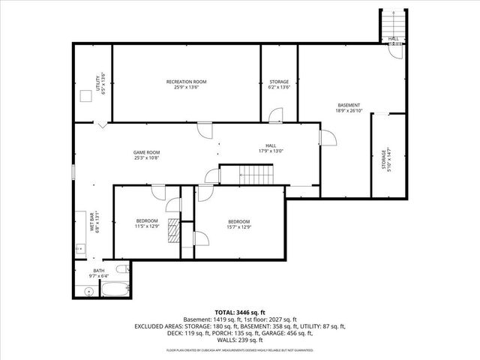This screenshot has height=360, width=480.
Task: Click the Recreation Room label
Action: coord(186,84)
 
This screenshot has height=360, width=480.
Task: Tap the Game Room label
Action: coord(147,154)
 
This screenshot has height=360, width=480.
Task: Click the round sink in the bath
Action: coord(88,292)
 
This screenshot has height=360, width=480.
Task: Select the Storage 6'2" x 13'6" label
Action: coord(279,84)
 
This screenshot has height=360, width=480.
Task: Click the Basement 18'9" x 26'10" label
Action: coord(348,107)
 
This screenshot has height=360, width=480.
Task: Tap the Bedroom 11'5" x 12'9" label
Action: coord(146,223)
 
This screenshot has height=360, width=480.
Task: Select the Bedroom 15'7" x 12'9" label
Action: coord(238,223)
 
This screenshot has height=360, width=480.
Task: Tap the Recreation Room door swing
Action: coord(203,130)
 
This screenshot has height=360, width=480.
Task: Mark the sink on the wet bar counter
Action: coord(78,249)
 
